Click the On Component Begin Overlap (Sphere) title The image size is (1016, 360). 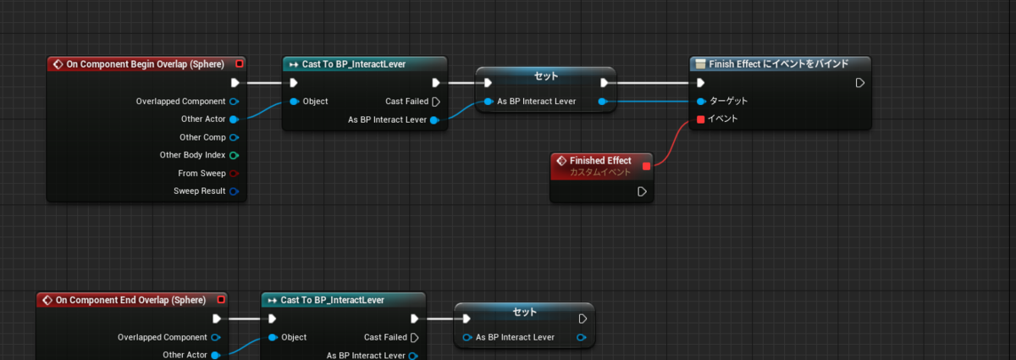tap(145, 64)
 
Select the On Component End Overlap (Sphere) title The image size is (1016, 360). tap(130, 300)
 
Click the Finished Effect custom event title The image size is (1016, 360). tap(600, 161)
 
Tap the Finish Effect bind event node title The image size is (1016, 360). tap(778, 64)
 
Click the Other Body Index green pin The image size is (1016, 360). tap(234, 155)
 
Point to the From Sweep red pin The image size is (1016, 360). tap(234, 174)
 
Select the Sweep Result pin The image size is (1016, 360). tap(234, 191)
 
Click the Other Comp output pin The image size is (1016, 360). tap(234, 137)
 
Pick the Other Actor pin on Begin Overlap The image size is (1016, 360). tap(234, 119)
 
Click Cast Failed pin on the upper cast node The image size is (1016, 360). tap(436, 102)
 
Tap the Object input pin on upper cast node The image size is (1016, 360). tap(294, 102)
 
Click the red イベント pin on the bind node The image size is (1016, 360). tap(700, 119)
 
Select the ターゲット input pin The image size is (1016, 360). tap(701, 102)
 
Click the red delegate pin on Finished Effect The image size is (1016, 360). tap(646, 166)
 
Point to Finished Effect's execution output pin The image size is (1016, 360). tap(642, 191)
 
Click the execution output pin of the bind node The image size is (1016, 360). tap(859, 83)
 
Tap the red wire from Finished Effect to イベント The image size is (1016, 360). tap(671, 143)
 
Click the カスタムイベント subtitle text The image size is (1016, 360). tap(600, 173)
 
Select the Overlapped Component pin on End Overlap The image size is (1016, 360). tap(216, 337)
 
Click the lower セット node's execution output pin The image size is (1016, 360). tap(583, 319)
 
